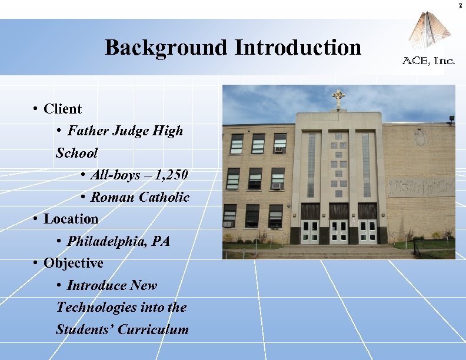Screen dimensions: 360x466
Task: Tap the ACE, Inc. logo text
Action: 428,60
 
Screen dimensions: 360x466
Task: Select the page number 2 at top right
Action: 461,5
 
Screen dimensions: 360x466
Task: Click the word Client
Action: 62,109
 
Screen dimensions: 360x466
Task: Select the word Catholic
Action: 164,197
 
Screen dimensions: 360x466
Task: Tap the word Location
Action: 71,219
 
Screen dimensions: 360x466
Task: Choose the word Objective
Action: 73,263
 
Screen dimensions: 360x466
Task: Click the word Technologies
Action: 95,307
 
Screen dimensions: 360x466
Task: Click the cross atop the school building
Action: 338,98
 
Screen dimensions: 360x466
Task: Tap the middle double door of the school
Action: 339,231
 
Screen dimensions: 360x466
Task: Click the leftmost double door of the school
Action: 310,231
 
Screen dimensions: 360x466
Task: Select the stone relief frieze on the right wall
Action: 421,187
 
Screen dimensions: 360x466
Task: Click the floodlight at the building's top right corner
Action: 451,119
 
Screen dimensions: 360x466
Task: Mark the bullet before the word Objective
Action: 36,263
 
